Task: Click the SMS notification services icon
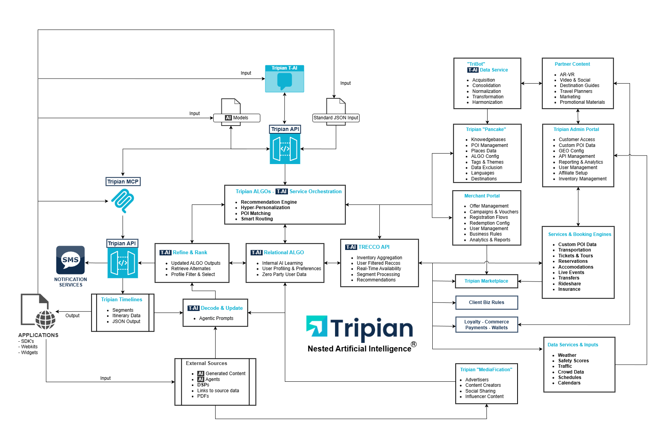click(70, 260)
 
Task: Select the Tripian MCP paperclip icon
click(123, 201)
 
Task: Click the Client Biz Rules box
click(486, 302)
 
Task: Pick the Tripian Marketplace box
click(486, 281)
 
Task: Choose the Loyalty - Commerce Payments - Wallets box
click(486, 325)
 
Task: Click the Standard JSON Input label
click(336, 118)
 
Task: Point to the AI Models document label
click(237, 118)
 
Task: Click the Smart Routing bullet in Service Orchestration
click(257, 219)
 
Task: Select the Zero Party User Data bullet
click(284, 274)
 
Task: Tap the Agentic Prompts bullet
click(216, 318)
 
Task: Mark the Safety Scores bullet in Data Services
click(573, 361)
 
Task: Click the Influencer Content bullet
click(484, 397)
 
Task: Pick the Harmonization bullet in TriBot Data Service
click(487, 102)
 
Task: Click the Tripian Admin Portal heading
click(576, 129)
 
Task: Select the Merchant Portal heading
click(482, 196)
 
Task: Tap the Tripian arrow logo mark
click(317, 326)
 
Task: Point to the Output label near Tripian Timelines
click(72, 316)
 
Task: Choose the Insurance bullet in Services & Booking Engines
click(569, 289)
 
